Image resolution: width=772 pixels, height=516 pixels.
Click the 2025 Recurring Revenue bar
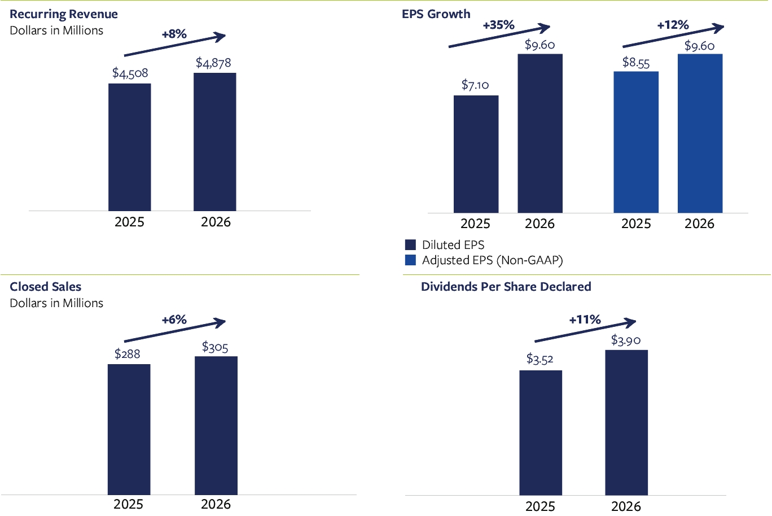[130, 147]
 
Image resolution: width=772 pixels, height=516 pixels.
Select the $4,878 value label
[213, 63]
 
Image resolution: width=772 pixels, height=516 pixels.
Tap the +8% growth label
[174, 34]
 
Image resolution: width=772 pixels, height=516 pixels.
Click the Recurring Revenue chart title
[64, 14]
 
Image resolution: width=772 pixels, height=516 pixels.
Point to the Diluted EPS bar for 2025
[476, 154]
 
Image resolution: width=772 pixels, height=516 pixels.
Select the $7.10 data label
[475, 85]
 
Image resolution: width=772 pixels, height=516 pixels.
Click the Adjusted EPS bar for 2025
[636, 142]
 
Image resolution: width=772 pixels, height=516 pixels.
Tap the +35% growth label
[499, 25]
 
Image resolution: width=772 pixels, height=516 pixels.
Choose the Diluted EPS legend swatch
[410, 244]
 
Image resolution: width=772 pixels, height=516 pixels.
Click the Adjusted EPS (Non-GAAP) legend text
[493, 260]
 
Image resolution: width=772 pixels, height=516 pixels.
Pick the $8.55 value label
[636, 63]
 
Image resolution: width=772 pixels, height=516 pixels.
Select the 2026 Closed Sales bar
[216, 426]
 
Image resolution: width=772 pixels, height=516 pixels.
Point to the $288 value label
[127, 354]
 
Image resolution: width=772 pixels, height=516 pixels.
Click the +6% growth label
[174, 320]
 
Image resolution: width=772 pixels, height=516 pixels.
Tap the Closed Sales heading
[46, 287]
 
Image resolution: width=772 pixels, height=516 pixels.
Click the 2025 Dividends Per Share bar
[541, 433]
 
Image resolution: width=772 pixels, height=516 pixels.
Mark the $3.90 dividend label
[626, 340]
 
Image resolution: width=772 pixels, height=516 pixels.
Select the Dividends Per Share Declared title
[506, 287]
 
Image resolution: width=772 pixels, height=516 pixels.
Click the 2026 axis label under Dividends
[626, 506]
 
